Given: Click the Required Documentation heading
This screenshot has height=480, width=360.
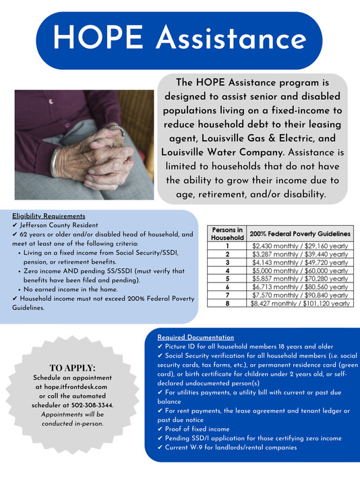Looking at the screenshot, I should click(196, 337).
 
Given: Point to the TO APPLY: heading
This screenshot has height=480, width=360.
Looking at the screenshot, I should click(72, 368).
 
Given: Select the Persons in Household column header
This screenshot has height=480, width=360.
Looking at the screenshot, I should click(227, 233).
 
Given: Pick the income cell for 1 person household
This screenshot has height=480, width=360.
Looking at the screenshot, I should click(300, 247).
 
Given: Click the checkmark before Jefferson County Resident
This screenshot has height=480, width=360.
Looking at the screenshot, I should click(15, 224).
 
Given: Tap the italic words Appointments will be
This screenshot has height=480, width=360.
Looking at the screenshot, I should click(72, 414).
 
